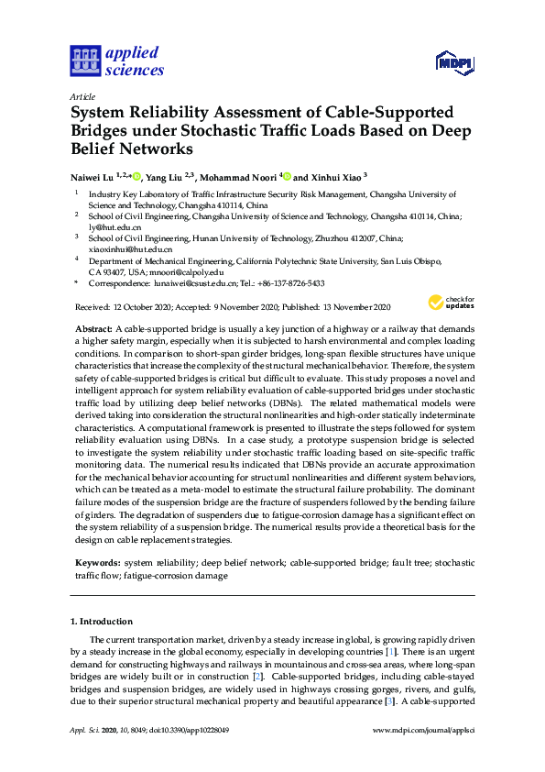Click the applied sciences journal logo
tap(116, 61)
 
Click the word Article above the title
tap(82, 95)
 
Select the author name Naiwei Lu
tap(94, 176)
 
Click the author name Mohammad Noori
tap(240, 176)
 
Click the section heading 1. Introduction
tap(102, 622)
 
